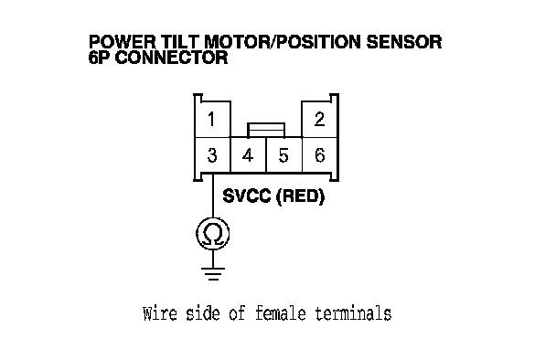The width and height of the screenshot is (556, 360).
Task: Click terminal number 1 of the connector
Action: [213, 119]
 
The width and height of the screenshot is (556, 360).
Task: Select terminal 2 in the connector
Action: [319, 119]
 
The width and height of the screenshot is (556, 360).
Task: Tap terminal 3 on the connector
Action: [213, 155]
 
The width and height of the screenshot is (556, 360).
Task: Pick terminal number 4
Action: [248, 155]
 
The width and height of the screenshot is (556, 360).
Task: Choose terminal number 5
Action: [283, 155]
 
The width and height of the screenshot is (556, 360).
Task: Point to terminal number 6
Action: [319, 155]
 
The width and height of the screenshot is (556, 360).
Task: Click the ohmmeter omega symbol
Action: [213, 234]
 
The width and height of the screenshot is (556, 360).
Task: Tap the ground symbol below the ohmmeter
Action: [213, 274]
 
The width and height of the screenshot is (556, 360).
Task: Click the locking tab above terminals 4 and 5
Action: [266, 130]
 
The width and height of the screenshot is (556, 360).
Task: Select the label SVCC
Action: [247, 196]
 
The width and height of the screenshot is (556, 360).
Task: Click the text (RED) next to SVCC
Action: [300, 196]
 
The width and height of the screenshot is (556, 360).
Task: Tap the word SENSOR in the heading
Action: [404, 42]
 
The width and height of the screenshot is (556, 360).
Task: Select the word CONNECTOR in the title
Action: [171, 58]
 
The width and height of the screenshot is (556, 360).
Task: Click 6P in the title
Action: [100, 58]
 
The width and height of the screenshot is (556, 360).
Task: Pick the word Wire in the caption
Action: [160, 313]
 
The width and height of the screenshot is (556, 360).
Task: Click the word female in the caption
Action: [281, 313]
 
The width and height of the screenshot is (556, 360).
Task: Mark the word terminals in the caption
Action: [354, 313]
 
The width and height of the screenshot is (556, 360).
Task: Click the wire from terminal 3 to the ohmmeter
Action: [213, 196]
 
